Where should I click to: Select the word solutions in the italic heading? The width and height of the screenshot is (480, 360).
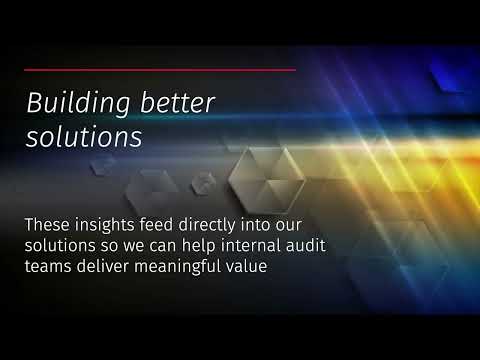click(83, 138)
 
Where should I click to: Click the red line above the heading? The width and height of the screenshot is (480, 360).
click(160, 70)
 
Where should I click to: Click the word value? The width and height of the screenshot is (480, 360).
click(249, 267)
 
